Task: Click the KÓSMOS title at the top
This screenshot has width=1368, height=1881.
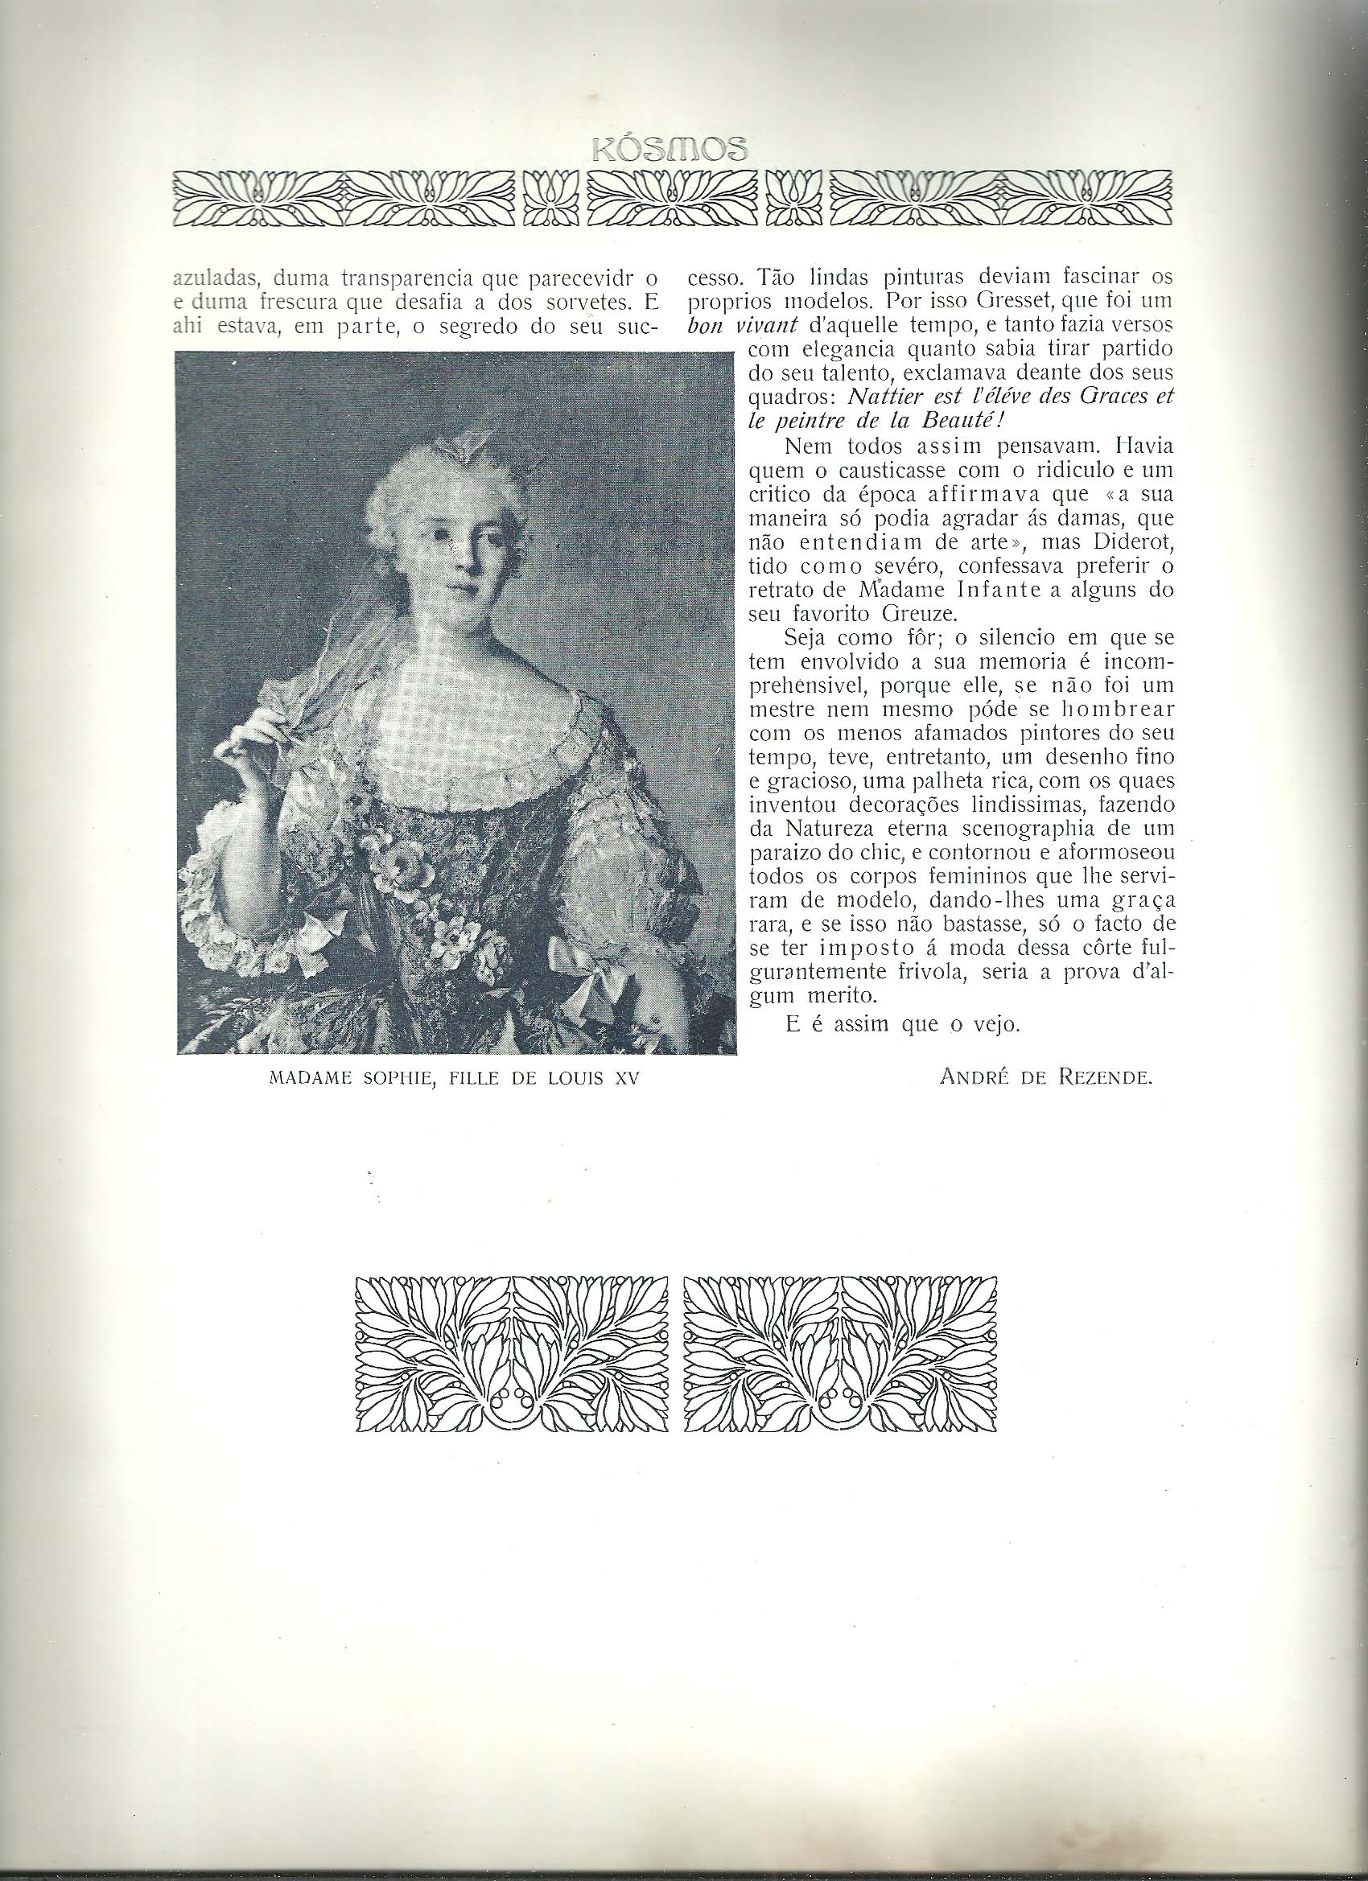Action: (670, 149)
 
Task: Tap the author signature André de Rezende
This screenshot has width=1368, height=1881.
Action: (1047, 1077)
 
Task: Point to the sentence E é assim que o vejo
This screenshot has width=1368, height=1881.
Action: (901, 1023)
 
